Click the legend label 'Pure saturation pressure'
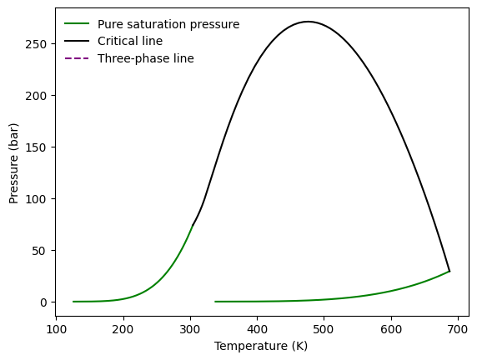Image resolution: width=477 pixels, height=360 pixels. click(168, 24)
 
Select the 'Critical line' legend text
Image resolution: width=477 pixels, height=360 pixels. click(130, 41)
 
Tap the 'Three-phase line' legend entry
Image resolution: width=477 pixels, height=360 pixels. click(146, 58)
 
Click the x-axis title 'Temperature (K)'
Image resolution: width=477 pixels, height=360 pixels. click(261, 346)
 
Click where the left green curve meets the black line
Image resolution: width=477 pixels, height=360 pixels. click(193, 226)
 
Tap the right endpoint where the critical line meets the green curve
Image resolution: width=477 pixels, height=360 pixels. click(449, 271)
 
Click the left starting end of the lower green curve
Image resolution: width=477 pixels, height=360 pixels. click(215, 302)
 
